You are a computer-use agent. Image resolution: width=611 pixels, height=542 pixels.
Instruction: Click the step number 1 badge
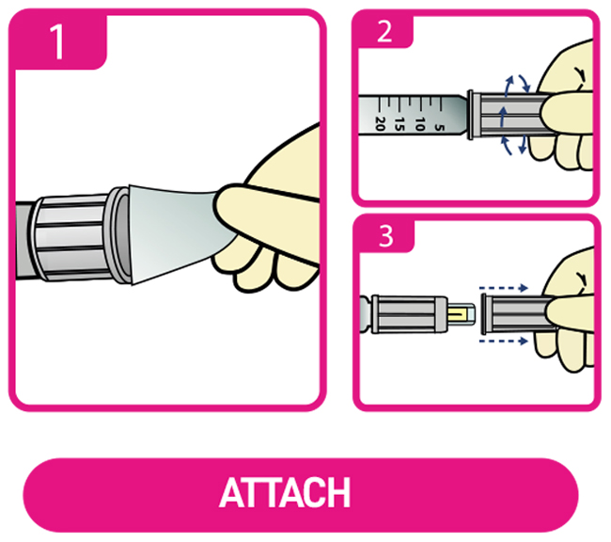(x=57, y=40)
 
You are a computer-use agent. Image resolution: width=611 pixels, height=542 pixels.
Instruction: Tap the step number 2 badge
(x=384, y=31)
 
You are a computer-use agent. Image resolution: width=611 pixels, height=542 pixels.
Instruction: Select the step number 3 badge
(x=385, y=235)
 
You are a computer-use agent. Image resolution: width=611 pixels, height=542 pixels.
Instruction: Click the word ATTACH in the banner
(x=285, y=493)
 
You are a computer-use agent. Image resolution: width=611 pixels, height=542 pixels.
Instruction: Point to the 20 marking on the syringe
(x=380, y=123)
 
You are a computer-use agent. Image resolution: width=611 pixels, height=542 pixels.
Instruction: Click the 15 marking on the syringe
(x=399, y=124)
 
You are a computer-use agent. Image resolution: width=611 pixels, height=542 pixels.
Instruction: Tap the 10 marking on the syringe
(x=419, y=124)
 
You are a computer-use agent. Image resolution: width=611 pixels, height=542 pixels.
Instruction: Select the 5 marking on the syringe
(x=440, y=128)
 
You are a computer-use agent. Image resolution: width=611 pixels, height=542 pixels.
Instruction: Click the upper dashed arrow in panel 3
(x=504, y=288)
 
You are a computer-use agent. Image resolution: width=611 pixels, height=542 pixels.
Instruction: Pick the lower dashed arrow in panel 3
(x=504, y=342)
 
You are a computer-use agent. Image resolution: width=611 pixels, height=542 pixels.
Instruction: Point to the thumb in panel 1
(x=265, y=222)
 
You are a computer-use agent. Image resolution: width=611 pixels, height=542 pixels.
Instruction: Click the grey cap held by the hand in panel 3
(x=514, y=314)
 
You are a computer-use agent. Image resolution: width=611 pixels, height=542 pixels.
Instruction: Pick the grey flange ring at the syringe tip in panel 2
(x=470, y=115)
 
